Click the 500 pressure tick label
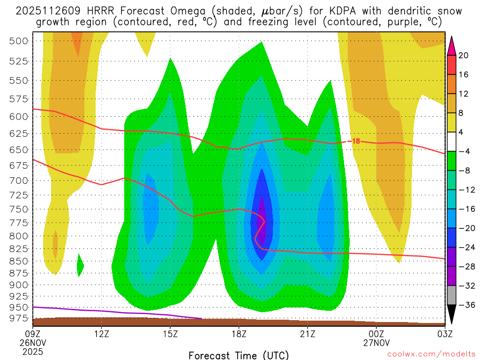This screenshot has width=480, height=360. pos(18,41)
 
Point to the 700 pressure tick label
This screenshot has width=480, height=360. pos(18,180)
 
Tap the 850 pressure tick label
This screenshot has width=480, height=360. pos(18,261)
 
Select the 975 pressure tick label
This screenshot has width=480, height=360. pos(18,319)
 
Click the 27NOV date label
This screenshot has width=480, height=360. pos(376,342)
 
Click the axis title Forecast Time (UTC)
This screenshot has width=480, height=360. pos(239,355)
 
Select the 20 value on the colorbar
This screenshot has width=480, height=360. pos(464,55)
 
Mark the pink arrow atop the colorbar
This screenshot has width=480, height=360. pos(452,45)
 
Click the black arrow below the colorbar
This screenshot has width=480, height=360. pos(452,315)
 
